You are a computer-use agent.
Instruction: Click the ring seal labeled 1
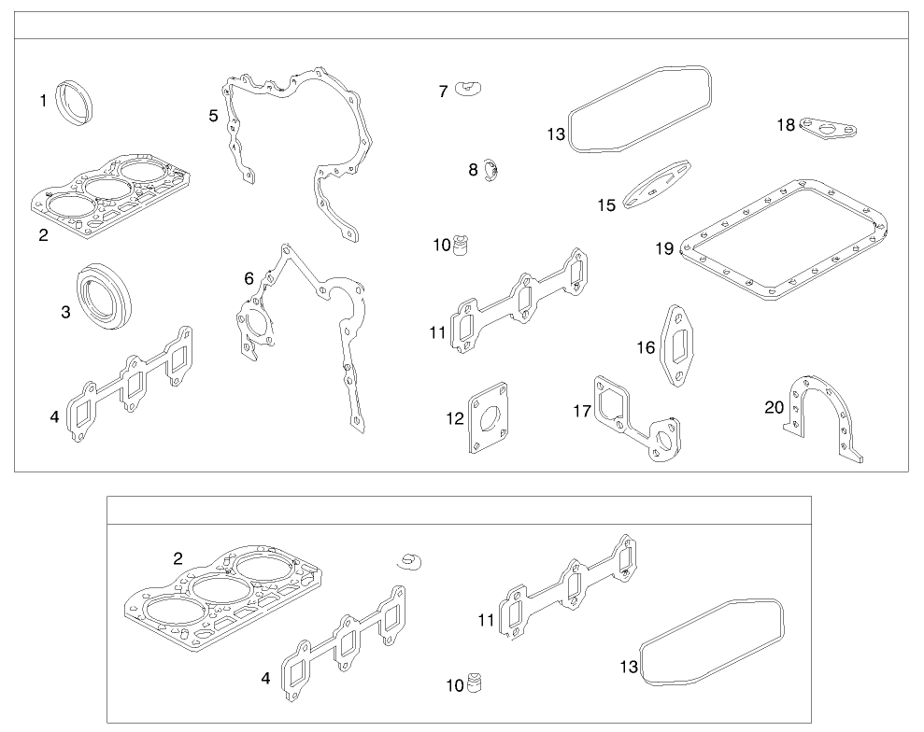(x=74, y=98)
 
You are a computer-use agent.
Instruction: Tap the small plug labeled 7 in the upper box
(x=468, y=89)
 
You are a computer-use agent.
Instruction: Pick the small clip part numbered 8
(x=491, y=171)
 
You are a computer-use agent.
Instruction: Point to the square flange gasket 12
(x=489, y=418)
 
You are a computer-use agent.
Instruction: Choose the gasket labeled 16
(x=677, y=345)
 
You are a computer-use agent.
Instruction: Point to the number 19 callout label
(x=663, y=248)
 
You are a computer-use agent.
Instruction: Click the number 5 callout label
(x=214, y=116)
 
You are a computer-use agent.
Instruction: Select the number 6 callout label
(x=249, y=278)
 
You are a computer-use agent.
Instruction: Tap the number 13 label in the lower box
(x=629, y=667)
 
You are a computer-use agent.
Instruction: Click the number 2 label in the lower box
(x=178, y=559)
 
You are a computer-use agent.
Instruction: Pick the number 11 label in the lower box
(x=486, y=619)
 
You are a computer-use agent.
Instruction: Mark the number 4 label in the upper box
(x=54, y=416)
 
